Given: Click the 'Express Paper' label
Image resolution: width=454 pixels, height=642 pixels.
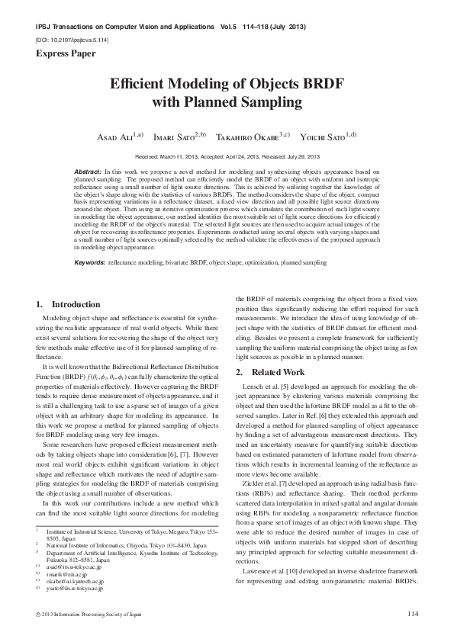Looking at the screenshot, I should (x=65, y=53).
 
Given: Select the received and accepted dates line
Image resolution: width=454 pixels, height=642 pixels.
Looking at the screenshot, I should (x=227, y=156).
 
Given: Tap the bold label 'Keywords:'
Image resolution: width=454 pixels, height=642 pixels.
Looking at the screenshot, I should (x=89, y=262).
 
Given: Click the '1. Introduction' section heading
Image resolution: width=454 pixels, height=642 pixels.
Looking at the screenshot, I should (x=68, y=304).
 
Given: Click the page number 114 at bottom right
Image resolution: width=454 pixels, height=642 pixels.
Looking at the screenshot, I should (x=413, y=614).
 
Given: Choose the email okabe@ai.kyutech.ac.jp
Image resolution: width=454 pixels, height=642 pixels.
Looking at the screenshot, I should (x=75, y=582).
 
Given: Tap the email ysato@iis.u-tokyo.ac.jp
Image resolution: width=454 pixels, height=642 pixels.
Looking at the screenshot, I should (x=76, y=589).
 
